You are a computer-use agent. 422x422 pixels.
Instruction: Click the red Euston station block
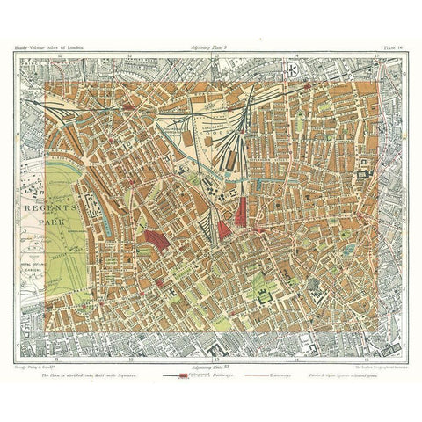(x=156, y=239)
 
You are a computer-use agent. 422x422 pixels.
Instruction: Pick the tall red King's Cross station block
(x=243, y=211)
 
